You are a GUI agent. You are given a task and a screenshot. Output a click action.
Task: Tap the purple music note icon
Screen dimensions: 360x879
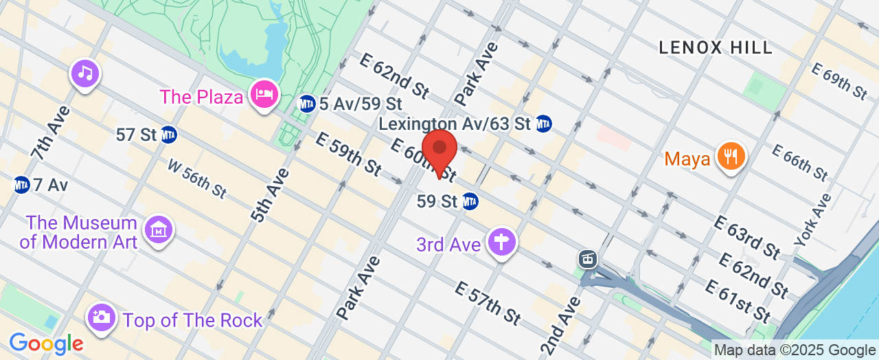[x=85, y=73]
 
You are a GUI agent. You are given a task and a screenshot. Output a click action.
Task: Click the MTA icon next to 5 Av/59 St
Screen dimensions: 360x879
[x=307, y=104]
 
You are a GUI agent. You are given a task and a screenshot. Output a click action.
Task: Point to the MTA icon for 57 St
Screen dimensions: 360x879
[x=169, y=135]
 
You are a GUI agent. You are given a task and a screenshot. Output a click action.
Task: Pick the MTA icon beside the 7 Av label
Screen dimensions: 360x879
[x=21, y=185]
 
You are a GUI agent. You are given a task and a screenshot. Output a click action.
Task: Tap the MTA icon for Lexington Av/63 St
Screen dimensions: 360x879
[x=543, y=124]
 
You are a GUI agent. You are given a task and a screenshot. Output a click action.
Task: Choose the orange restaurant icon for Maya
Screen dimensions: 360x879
[x=731, y=156]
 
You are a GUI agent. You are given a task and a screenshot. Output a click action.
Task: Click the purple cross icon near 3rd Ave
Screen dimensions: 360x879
[x=501, y=242]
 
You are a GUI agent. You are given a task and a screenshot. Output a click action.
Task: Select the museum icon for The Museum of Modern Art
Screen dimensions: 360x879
[x=159, y=232]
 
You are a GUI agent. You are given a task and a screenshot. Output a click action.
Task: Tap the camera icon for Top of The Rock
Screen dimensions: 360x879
[x=101, y=317]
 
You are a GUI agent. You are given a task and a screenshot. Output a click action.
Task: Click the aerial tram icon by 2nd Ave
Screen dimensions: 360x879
[x=587, y=258]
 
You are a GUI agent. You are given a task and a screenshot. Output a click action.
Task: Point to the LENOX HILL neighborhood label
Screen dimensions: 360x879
[x=716, y=47]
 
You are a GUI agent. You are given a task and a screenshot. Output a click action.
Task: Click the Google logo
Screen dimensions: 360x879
[x=46, y=343]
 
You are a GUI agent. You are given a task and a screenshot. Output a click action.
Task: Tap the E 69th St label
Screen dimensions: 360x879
[x=839, y=82]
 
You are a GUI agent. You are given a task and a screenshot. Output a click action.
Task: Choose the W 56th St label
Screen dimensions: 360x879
[x=198, y=179]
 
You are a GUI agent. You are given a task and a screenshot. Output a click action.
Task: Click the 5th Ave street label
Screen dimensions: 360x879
[x=270, y=194]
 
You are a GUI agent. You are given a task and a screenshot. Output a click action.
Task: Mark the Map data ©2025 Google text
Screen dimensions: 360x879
[x=795, y=350]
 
